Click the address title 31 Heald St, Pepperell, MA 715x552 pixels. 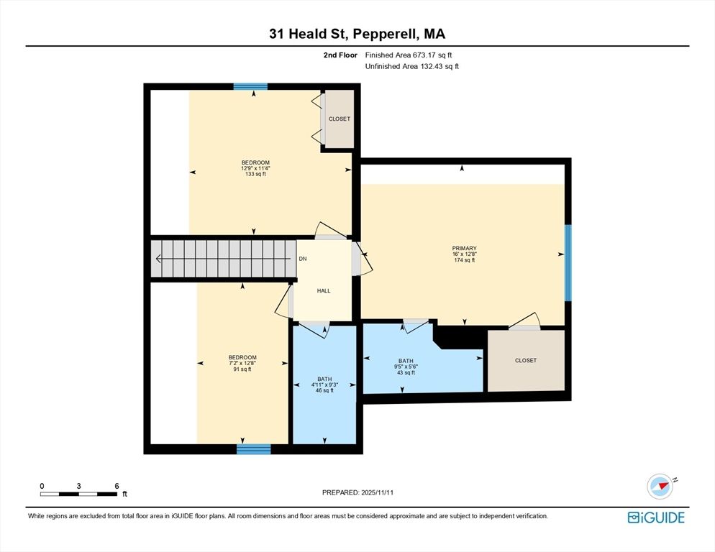point(357,34)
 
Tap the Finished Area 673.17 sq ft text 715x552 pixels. point(408,55)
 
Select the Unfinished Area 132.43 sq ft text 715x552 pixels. point(411,66)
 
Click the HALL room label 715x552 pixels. point(324,290)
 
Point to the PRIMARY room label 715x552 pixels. point(465,249)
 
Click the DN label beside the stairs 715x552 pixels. point(302,259)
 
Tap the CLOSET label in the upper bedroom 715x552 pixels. point(339,119)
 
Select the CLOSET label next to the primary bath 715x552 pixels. point(525,360)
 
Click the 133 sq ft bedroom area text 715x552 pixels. point(255,174)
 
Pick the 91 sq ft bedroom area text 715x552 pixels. point(242,369)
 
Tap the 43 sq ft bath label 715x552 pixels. point(406,372)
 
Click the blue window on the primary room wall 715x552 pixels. point(568,263)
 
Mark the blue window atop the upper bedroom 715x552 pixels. point(250,86)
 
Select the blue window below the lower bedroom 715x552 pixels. point(254,449)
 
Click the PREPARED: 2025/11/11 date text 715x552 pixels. point(357,492)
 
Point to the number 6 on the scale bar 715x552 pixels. point(117,486)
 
